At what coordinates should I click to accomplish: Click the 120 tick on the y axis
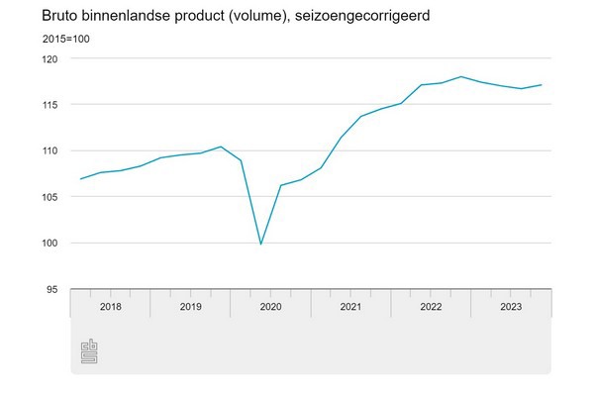50,59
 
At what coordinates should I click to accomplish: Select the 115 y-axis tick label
50,105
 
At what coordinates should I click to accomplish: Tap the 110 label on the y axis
50,150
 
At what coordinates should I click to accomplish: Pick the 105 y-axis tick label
50,197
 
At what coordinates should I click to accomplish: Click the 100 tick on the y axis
50,243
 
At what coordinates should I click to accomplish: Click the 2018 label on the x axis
111,307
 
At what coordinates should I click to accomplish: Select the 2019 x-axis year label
191,307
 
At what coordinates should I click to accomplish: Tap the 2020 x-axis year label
270,307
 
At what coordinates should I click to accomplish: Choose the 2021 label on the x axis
350,307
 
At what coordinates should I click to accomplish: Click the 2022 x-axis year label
431,307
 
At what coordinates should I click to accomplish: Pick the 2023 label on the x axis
511,307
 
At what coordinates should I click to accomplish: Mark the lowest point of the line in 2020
260,244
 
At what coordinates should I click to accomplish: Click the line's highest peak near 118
461,76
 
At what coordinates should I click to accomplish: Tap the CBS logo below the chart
89,352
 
